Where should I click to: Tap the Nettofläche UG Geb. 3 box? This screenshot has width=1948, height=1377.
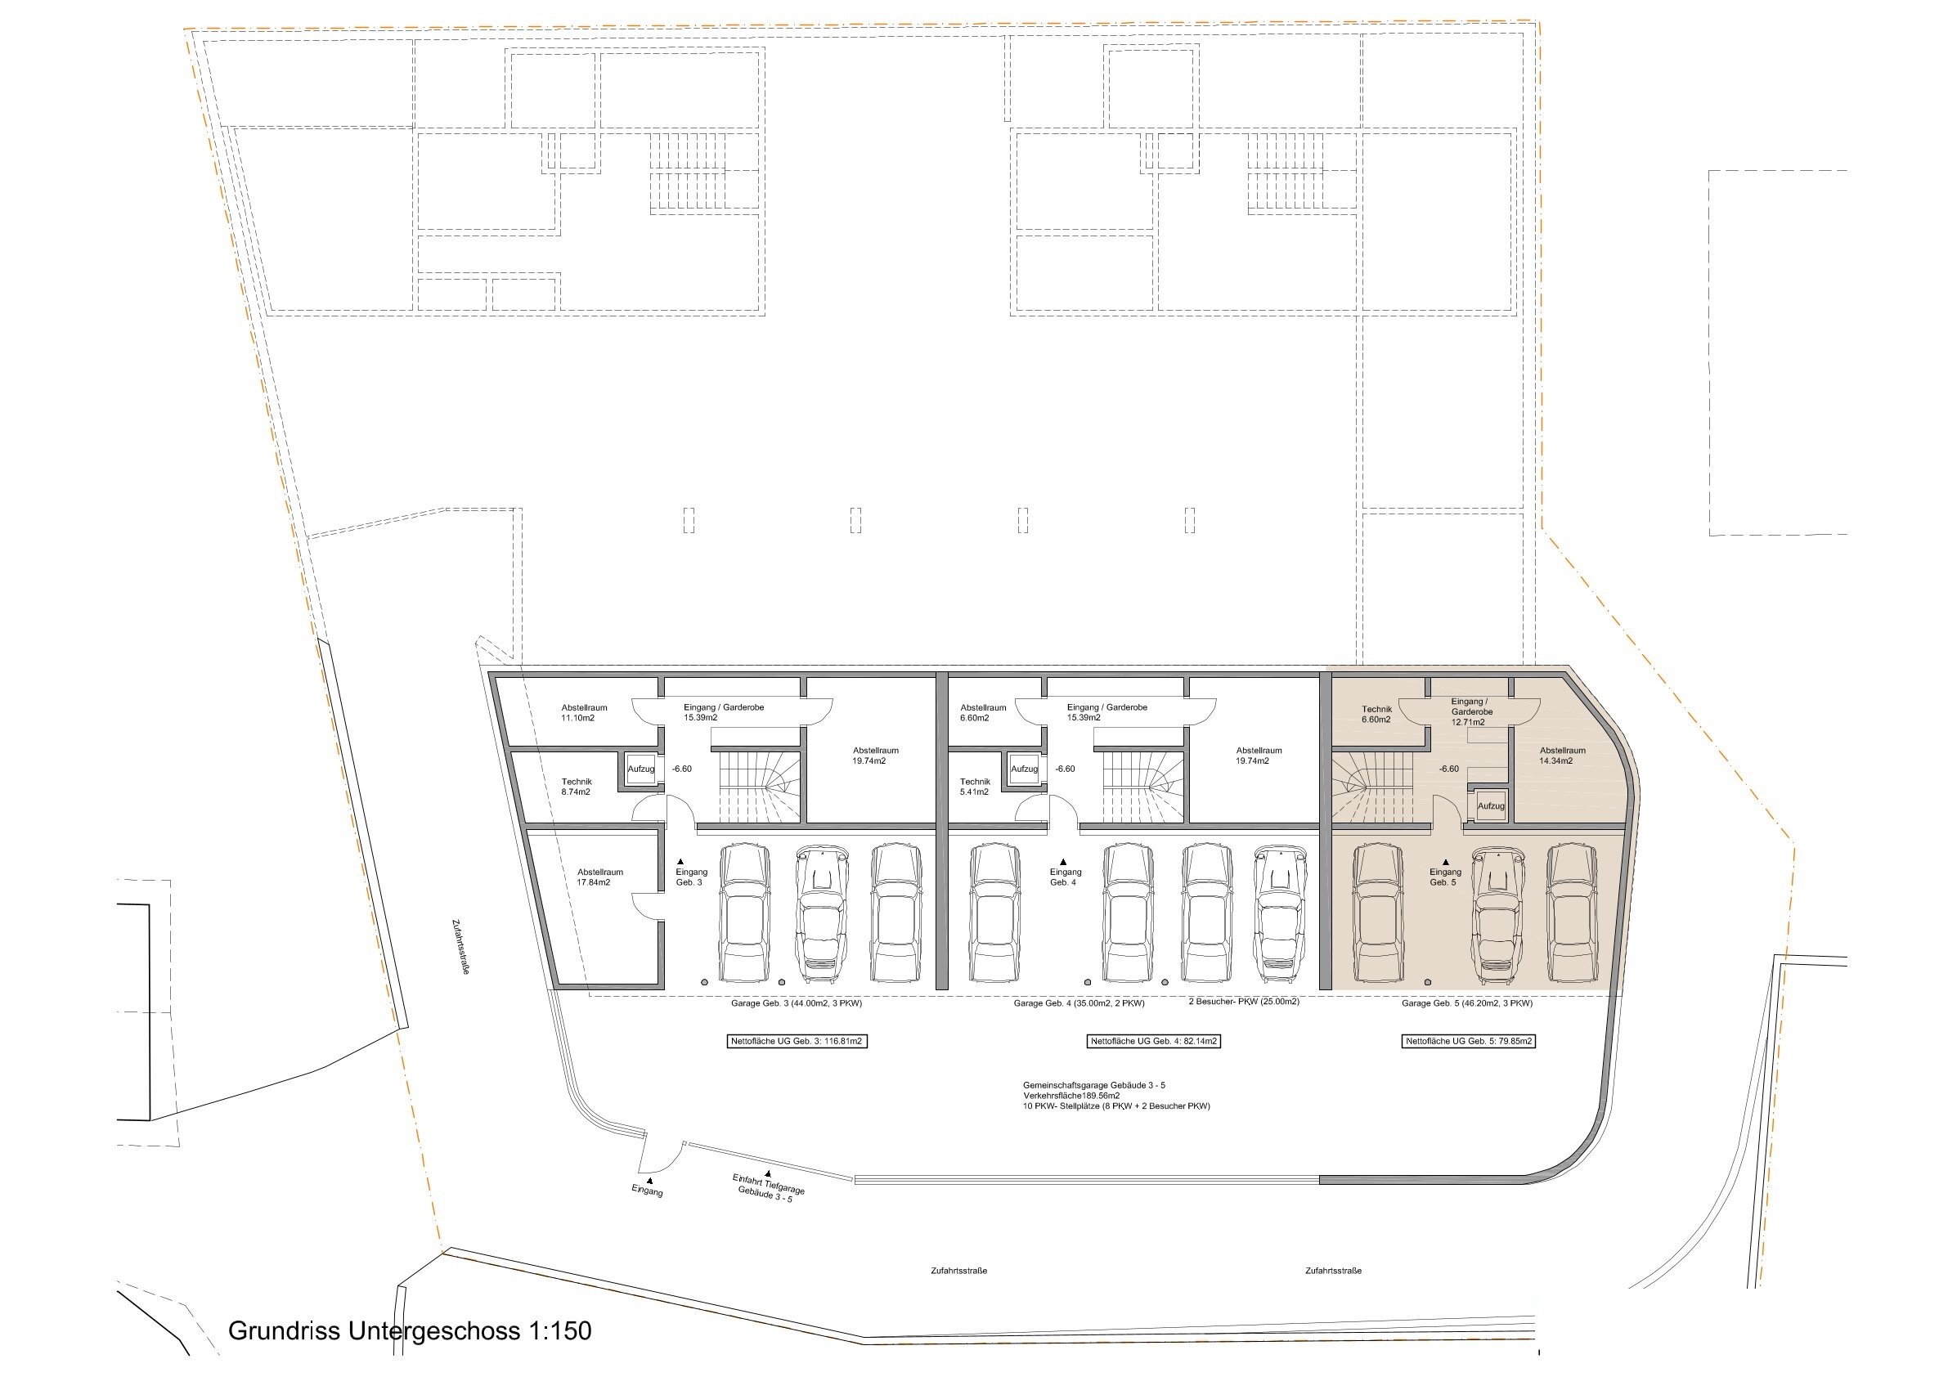[797, 1041]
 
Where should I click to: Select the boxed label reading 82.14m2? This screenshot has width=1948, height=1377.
[1153, 1041]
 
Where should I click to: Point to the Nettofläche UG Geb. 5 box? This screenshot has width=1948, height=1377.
[1468, 1041]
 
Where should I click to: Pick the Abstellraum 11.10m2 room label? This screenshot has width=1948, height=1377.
[584, 713]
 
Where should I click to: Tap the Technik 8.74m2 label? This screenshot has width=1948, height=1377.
[576, 787]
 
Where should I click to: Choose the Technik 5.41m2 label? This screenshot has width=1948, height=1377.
[975, 787]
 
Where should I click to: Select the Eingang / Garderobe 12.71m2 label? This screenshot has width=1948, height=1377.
[1468, 712]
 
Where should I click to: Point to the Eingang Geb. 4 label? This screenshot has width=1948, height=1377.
[1066, 877]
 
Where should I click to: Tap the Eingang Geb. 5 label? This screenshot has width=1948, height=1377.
[1446, 877]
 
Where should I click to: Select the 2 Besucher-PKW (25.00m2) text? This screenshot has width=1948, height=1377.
[1244, 1001]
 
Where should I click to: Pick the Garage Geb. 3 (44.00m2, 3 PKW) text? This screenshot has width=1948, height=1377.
[796, 1002]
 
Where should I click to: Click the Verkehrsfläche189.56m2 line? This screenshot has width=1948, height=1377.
[1071, 1096]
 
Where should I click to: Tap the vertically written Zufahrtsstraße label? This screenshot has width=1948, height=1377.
[461, 947]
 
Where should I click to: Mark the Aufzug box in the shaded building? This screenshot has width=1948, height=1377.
[1491, 806]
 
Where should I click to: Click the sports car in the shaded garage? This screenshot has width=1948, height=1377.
[1500, 913]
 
